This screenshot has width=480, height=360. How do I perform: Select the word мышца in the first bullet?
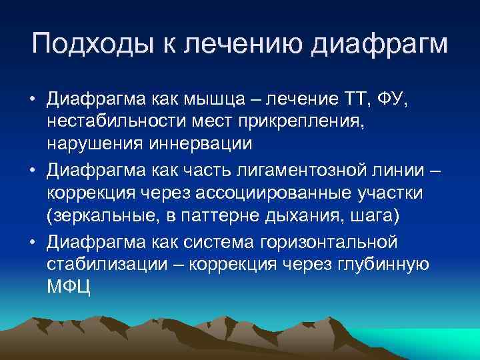pos(216,100)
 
